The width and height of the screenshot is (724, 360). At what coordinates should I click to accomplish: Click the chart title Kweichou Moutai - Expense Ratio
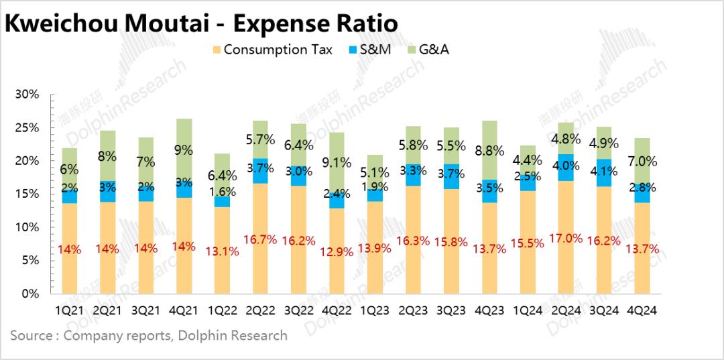tap(201, 23)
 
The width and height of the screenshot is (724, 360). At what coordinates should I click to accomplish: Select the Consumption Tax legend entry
tap(271, 49)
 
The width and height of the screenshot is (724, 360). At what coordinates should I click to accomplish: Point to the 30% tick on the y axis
tap(27, 95)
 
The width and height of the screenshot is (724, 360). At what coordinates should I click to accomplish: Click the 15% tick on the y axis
tap(27, 194)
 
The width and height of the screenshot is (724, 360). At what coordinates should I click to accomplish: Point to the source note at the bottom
tap(149, 335)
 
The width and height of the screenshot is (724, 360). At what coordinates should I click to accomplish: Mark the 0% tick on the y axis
tap(31, 294)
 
